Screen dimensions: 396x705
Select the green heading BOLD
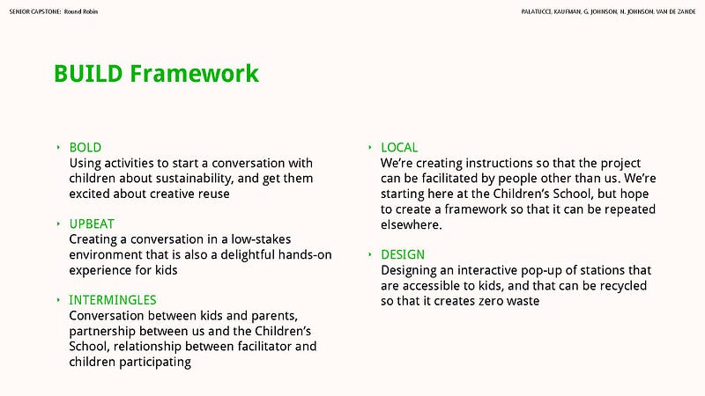pos(85,148)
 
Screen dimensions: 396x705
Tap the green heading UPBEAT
pos(92,224)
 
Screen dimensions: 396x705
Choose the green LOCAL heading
pos(399,148)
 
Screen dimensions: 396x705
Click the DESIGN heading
pos(403,255)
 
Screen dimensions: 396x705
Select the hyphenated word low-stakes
pos(261,239)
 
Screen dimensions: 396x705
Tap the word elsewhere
pos(411,224)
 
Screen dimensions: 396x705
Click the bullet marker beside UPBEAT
pos(59,224)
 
